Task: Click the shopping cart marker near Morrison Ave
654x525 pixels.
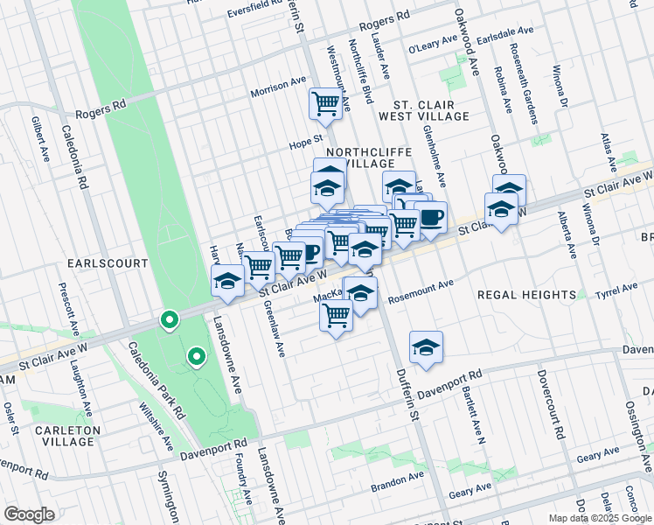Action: coord(325,104)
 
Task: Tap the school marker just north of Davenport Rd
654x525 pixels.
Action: coord(426,347)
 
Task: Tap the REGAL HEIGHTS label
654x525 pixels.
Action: coord(526,296)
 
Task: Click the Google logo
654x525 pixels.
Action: coord(29,514)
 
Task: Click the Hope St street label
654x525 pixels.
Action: coord(306,138)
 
